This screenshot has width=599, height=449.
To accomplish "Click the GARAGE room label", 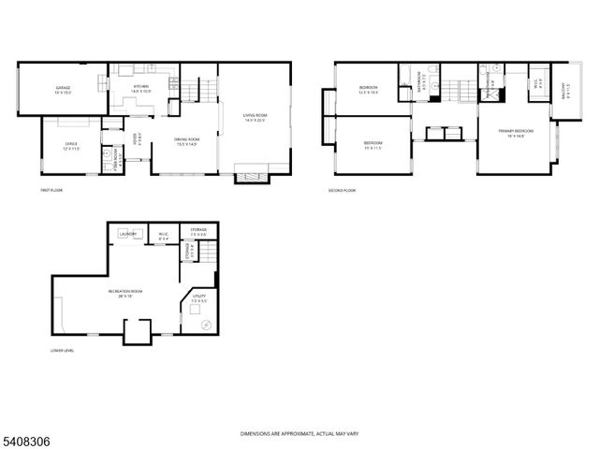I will click(62, 88).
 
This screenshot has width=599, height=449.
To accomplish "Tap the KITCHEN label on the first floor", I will click(141, 86).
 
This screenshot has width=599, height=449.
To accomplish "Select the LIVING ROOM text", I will click(254, 117).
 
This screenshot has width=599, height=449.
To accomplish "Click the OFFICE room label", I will click(71, 146).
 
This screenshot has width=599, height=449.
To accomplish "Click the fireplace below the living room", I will click(252, 173).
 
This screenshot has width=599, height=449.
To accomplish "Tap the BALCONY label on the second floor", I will click(563, 92).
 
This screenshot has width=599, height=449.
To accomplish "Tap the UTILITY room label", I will click(198, 297).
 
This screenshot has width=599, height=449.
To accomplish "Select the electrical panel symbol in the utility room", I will click(206, 324).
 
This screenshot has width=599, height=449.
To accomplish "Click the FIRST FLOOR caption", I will click(51, 190).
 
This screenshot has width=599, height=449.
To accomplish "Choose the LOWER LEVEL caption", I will click(63, 351).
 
